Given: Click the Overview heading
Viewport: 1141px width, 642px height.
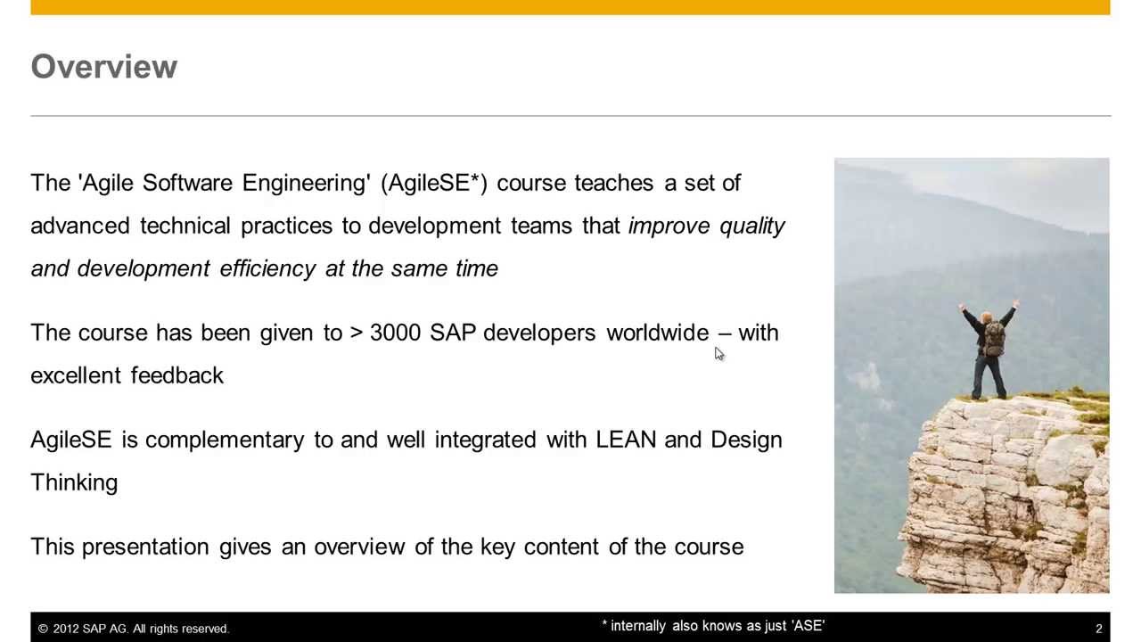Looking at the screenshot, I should (x=103, y=67).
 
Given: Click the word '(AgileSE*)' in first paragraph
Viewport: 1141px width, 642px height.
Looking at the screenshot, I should (x=433, y=183).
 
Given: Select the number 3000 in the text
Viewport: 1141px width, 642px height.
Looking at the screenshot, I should (x=395, y=333).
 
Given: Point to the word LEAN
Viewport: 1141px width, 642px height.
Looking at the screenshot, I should (x=626, y=440).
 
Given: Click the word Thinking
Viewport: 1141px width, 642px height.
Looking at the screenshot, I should (x=74, y=482).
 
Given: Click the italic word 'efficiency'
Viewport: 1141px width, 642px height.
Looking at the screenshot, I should (x=267, y=268).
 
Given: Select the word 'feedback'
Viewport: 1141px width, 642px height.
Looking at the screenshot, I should (x=176, y=375).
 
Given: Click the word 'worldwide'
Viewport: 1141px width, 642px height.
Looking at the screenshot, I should (x=657, y=333).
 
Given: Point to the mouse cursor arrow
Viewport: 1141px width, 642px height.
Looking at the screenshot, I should (x=719, y=354).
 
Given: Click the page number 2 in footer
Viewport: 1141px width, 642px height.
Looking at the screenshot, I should (x=1098, y=629).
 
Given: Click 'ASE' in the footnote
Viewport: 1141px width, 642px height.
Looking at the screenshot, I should (x=808, y=626).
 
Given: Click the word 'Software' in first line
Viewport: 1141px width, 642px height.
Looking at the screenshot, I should (x=187, y=183).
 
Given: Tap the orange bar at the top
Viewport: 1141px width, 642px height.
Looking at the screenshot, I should (x=570, y=7).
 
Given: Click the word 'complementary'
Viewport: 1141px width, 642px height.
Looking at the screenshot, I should (x=224, y=440).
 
